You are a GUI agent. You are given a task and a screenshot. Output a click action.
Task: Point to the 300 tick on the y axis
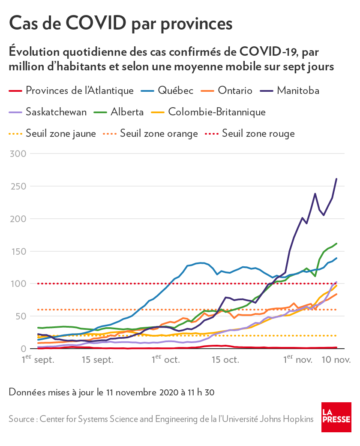tap(18, 154)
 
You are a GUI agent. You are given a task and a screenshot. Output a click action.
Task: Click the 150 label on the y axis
tap(18, 251)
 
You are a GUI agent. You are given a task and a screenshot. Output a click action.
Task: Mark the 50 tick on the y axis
tap(21, 316)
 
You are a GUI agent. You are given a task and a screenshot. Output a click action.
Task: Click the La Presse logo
tap(336, 417)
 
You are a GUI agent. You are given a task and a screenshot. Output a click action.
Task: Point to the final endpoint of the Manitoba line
tap(336, 179)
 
